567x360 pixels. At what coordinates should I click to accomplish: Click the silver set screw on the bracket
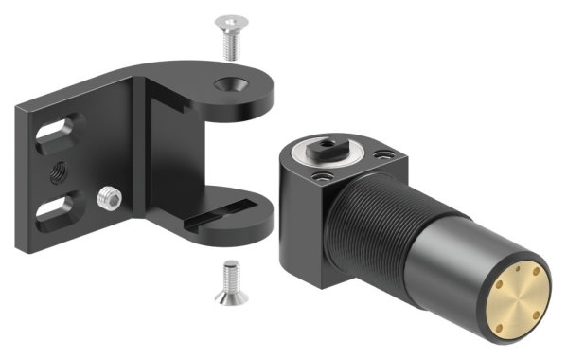click(x=108, y=200)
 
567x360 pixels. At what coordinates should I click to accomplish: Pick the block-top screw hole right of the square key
click(x=383, y=155)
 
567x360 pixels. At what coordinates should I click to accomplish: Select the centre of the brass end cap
click(x=515, y=297)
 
